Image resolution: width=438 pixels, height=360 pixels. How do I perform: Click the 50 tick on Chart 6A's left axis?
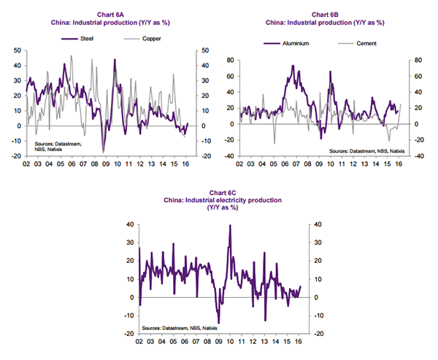click(x=16, y=50)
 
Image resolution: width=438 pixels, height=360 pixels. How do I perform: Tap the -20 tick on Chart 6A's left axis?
click(x=14, y=156)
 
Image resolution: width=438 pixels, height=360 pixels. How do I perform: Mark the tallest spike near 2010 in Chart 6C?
click(x=230, y=226)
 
